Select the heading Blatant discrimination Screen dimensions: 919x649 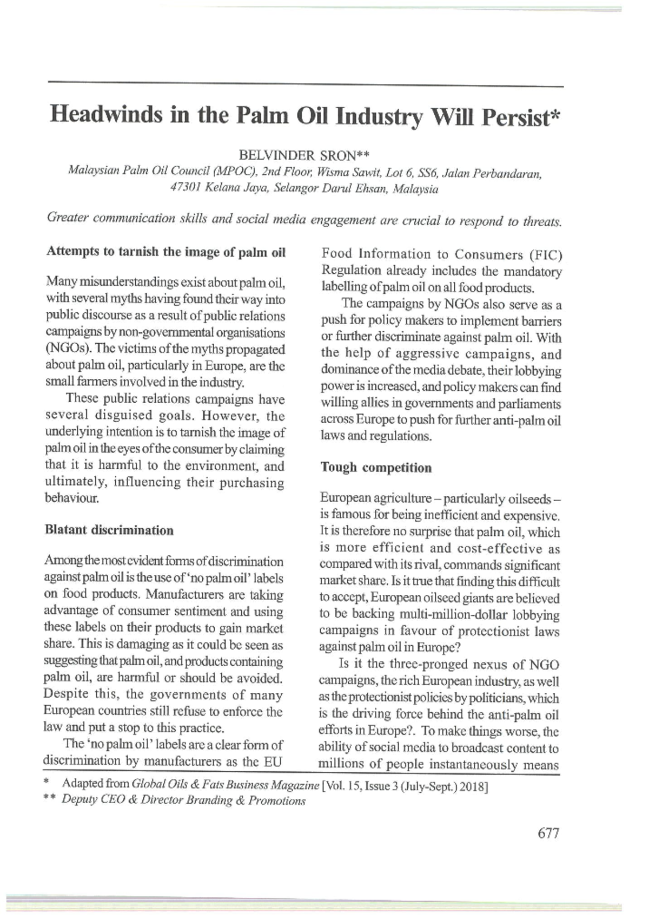point(109,530)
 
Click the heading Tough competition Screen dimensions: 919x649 point(376,468)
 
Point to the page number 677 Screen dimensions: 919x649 point(548,833)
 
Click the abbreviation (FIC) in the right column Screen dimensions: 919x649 point(544,254)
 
